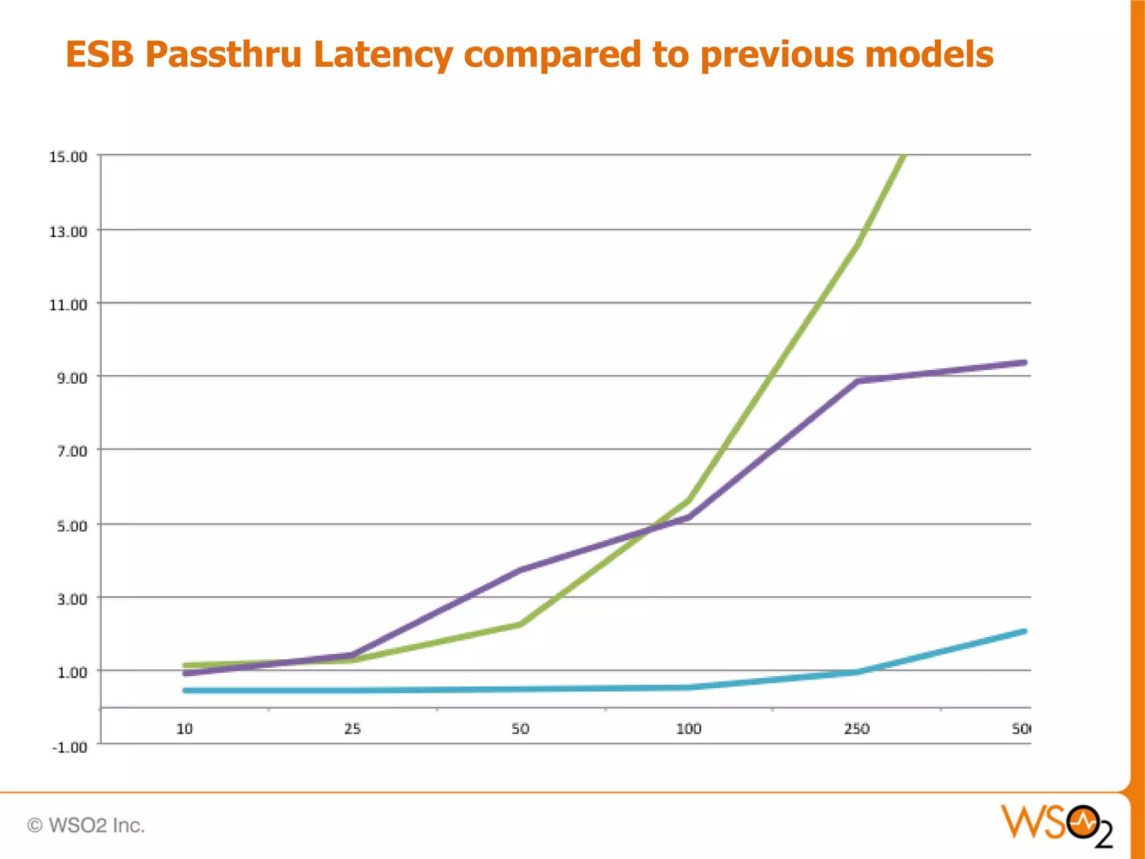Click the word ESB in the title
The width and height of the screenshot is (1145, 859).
coord(100,55)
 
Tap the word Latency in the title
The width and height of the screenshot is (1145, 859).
coord(382,55)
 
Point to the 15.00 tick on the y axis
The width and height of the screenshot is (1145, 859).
coord(68,157)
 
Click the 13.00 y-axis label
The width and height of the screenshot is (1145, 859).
coord(68,232)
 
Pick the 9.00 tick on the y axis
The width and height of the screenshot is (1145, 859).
coord(72,378)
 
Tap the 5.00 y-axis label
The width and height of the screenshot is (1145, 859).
coord(72,526)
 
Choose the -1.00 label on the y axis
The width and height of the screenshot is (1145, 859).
coord(69,747)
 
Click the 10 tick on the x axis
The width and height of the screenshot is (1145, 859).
coord(184,729)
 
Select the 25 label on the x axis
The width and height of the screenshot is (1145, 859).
coord(352,729)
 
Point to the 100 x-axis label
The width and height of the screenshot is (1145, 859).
coord(688,729)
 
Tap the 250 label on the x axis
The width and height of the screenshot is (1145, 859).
coord(857,729)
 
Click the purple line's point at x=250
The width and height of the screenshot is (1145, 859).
coord(857,381)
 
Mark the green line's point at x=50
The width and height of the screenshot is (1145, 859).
coord(521,624)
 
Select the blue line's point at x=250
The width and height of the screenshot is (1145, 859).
coord(857,672)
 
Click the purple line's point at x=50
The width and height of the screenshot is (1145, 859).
coord(521,570)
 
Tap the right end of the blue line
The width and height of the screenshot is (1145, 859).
coord(1024,631)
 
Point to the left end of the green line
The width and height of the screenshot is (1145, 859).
coord(186,666)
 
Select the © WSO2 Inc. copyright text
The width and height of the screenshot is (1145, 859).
coord(86,825)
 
